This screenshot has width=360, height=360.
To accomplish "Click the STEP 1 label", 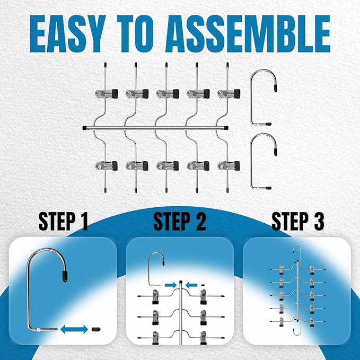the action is pyautogui.click(x=63, y=221).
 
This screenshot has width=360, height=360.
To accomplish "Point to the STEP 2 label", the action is pyautogui.click(x=180, y=221).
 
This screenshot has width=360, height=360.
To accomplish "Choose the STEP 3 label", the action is pyautogui.click(x=298, y=221).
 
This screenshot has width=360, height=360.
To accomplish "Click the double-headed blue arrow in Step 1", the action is pyautogui.click(x=74, y=329).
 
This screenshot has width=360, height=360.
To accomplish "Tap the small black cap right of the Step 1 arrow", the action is pyautogui.click(x=96, y=329).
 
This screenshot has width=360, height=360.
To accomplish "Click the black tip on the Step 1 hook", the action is pyautogui.click(x=65, y=276).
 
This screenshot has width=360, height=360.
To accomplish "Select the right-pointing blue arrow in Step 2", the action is pyautogui.click(x=170, y=285).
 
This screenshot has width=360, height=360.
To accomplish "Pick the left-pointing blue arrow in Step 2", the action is pyautogui.click(x=191, y=285).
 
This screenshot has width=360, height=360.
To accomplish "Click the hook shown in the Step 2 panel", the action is pyautogui.click(x=156, y=269).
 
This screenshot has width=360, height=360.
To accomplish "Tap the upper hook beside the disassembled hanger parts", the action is pyautogui.click(x=264, y=97).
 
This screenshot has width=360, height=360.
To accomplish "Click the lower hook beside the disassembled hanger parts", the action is pyautogui.click(x=264, y=161).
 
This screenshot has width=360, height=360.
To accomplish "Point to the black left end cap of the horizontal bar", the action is pyautogui.click(x=84, y=128).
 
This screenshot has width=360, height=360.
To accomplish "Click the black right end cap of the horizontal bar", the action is pyautogui.click(x=226, y=128).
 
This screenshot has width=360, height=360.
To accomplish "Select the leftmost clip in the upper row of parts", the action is pyautogui.click(x=107, y=93).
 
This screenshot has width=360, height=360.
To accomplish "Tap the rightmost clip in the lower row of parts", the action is pyautogui.click(x=229, y=166).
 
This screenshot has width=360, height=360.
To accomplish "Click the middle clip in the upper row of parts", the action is pyautogui.click(x=168, y=93).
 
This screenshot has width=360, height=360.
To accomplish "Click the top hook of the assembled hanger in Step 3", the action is pyautogui.click(x=297, y=253).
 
